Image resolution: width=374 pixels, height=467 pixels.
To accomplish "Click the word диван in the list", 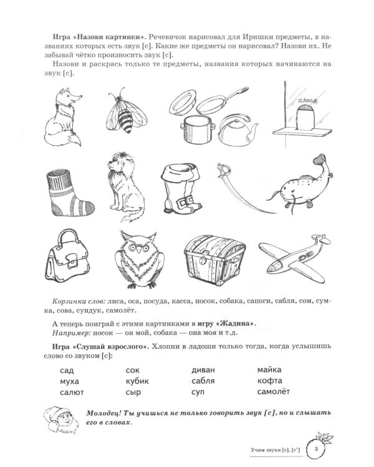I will [x=204, y=369].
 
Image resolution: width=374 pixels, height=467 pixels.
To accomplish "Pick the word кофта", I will [x=269, y=380].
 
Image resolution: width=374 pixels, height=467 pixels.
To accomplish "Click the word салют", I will [x=72, y=392].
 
